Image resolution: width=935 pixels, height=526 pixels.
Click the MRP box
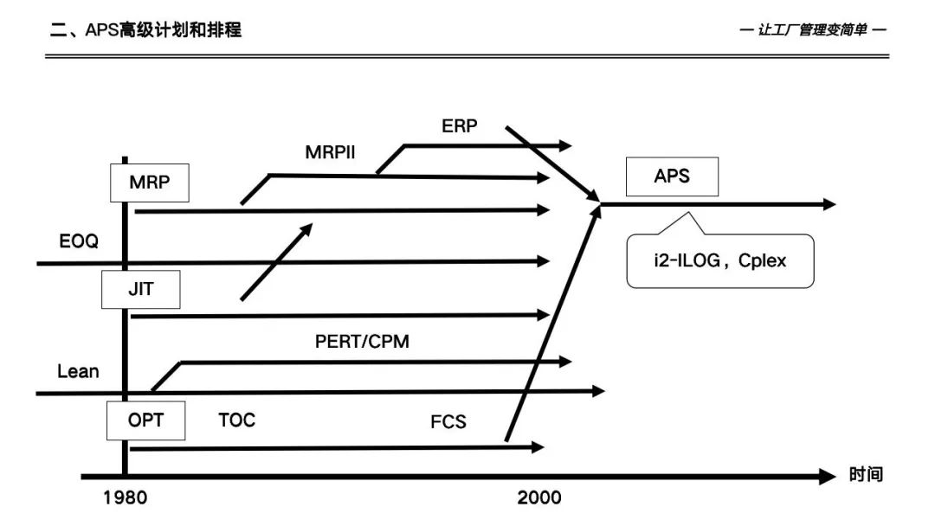[150, 183]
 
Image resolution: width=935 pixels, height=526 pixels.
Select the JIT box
[140, 290]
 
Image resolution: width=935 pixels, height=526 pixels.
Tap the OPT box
[145, 421]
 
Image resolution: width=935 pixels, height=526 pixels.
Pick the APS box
[672, 176]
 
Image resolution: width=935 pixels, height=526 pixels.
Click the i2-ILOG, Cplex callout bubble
[719, 260]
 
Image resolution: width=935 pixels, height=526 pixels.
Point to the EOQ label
[78, 241]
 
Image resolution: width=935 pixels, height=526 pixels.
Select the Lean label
[78, 372]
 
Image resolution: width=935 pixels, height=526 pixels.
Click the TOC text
[236, 421]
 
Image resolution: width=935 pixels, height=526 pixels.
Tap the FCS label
[448, 422]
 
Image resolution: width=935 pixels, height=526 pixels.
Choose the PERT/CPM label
[362, 342]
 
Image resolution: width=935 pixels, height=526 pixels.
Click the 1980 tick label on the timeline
[125, 498]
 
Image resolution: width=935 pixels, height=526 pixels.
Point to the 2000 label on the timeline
[539, 498]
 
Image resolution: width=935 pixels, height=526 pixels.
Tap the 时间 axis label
[866, 475]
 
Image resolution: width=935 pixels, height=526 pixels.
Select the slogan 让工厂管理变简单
[814, 30]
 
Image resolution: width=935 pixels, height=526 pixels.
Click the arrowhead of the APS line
[829, 204]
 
